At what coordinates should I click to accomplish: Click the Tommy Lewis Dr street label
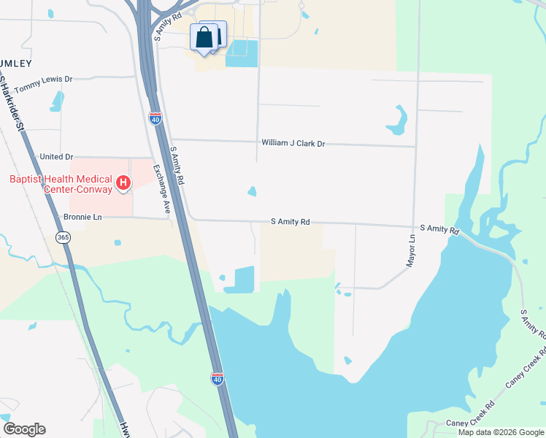[x=44, y=84]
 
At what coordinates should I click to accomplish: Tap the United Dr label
[x=56, y=157]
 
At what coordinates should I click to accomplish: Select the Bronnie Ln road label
[x=82, y=217]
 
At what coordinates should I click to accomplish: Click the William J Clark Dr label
[x=293, y=144]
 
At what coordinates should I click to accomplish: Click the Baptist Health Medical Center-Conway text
[x=61, y=184]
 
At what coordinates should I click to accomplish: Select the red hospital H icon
[x=124, y=182]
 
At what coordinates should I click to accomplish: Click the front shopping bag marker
[x=204, y=38]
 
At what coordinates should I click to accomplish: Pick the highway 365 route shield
[x=64, y=237]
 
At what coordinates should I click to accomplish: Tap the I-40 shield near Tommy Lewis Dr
[x=155, y=118]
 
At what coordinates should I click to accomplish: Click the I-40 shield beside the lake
[x=217, y=377]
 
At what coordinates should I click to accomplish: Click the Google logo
[x=24, y=429]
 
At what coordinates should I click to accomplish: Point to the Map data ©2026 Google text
[x=501, y=432]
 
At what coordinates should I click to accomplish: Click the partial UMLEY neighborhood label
[x=17, y=53]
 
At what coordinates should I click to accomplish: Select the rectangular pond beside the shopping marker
[x=242, y=53]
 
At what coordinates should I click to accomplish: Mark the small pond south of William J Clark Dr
[x=252, y=191]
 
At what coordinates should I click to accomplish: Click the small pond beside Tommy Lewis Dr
[x=56, y=101]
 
